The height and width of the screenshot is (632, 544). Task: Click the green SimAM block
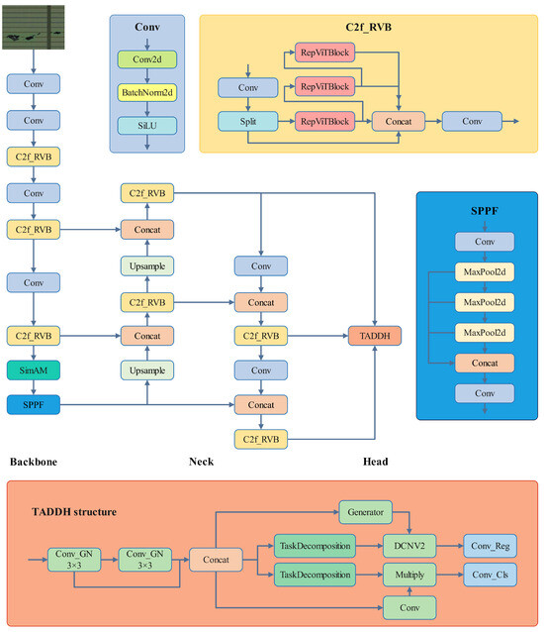pyautogui.click(x=34, y=370)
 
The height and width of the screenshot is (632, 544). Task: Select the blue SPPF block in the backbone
pyautogui.click(x=34, y=404)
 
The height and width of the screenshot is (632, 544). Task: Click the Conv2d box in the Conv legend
pyautogui.click(x=146, y=59)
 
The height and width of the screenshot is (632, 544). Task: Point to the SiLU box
pyautogui.click(x=146, y=125)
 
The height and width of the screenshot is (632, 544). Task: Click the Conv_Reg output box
pyautogui.click(x=490, y=544)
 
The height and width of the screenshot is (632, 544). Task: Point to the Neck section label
pyautogui.click(x=203, y=462)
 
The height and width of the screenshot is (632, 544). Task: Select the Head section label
pyautogui.click(x=375, y=462)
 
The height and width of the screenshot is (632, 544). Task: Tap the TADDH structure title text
pyautogui.click(x=73, y=512)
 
